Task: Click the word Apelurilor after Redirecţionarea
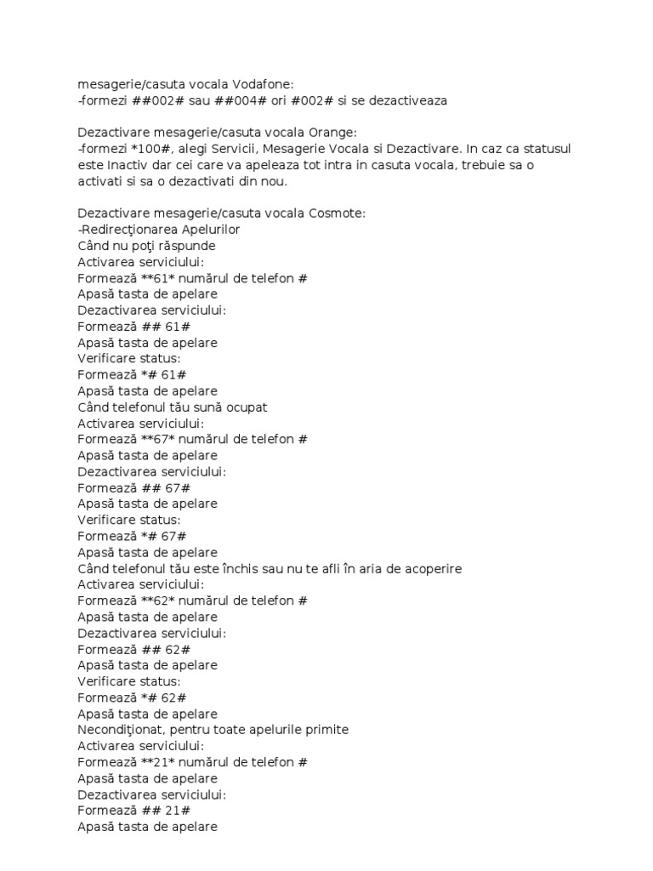203,229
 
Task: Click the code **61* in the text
150,277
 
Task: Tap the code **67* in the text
150,439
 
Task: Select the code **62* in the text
150,601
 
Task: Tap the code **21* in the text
150,762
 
